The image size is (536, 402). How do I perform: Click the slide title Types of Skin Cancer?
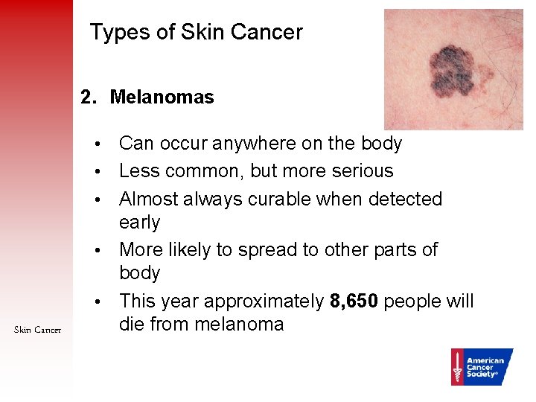pyautogui.click(x=196, y=32)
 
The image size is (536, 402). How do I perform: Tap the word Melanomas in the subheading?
pyautogui.click(x=162, y=97)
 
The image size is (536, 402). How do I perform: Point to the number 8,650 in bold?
pyautogui.click(x=354, y=301)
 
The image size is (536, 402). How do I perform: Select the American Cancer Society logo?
pyautogui.click(x=482, y=366)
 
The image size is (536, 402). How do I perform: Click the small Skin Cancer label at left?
pyautogui.click(x=37, y=330)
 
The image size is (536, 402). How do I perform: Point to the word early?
pyautogui.click(x=140, y=222)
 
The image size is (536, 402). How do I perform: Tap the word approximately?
pyautogui.click(x=264, y=301)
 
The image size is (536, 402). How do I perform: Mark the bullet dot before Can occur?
pyautogui.click(x=98, y=144)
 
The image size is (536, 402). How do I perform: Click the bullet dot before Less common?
pyautogui.click(x=98, y=171)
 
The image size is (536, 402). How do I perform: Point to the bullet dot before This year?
pyautogui.click(x=98, y=302)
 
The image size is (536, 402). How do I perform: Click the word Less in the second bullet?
pyautogui.click(x=139, y=170)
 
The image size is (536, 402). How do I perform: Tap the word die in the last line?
pyautogui.click(x=132, y=324)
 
